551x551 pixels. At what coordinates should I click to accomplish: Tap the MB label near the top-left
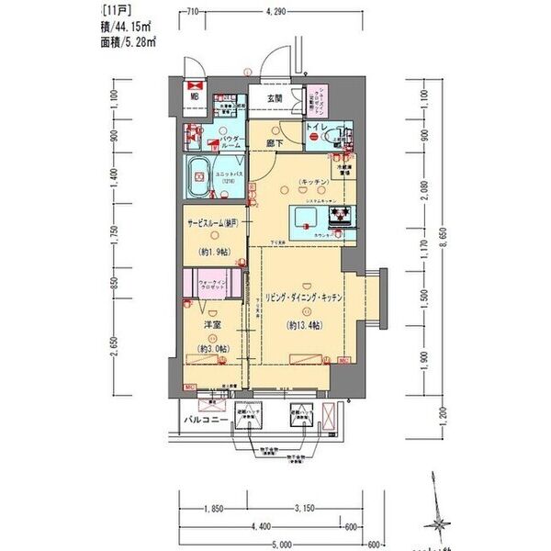(195, 94)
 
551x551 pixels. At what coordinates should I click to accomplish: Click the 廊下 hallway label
(275, 143)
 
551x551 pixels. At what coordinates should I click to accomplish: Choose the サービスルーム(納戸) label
(214, 223)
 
